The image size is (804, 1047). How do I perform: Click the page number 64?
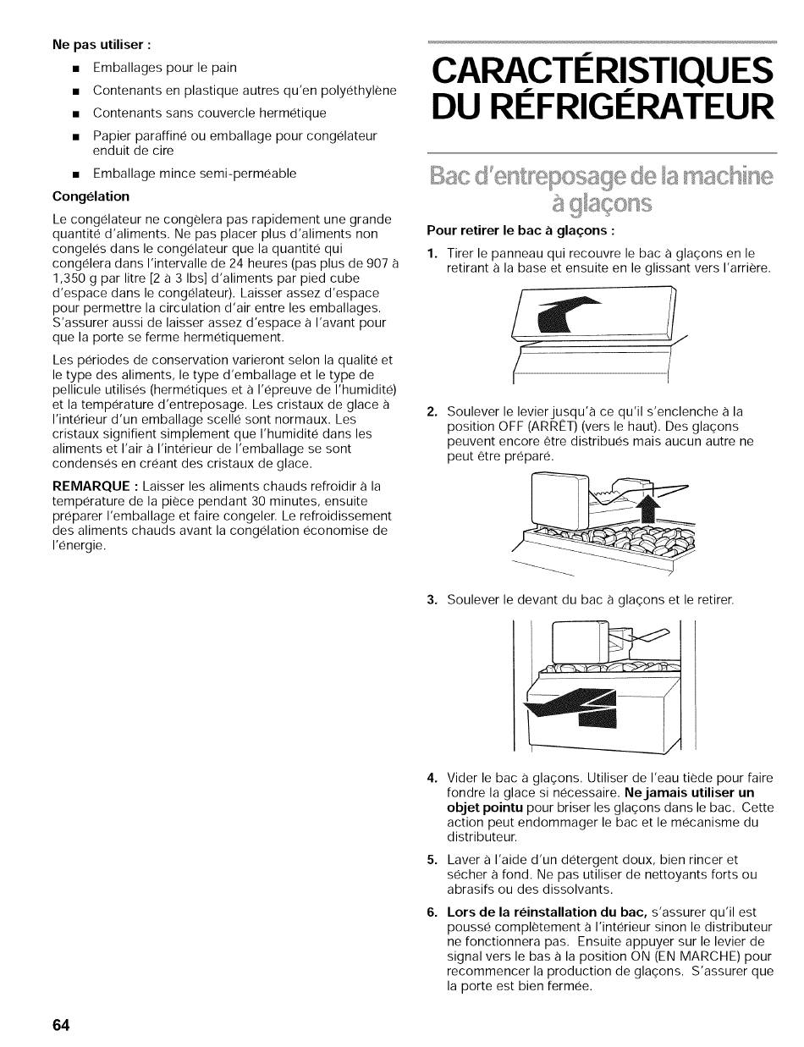[x=60, y=1025]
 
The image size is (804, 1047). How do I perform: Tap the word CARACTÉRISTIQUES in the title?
[x=603, y=69]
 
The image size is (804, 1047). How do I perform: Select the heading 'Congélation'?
[x=91, y=196]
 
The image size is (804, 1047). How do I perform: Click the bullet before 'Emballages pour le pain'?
[x=75, y=68]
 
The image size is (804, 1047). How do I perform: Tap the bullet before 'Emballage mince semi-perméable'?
[x=75, y=174]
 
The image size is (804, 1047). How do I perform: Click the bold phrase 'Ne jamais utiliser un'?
[x=688, y=793]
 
